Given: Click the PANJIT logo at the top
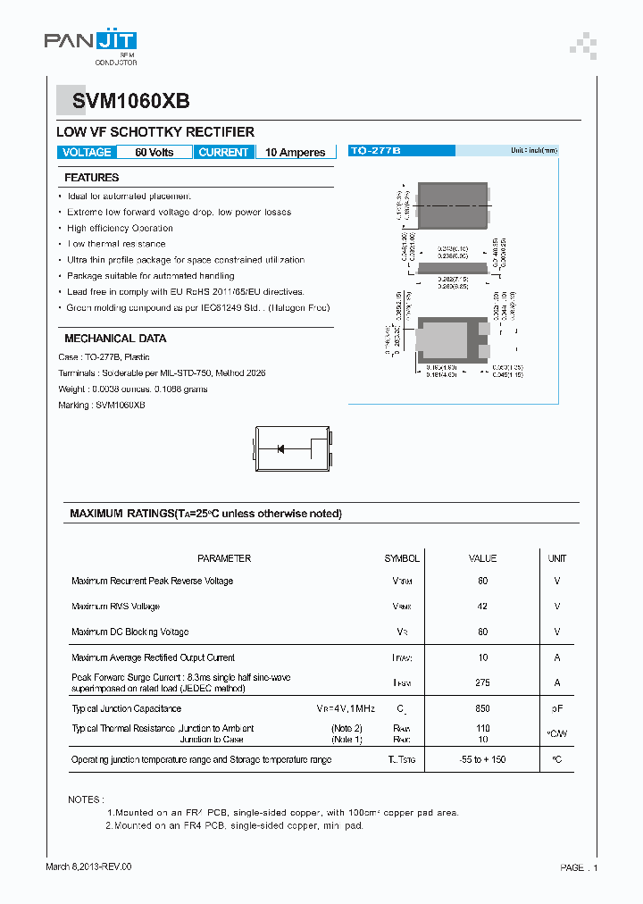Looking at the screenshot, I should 91,42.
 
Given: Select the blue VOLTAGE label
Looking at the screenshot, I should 87,153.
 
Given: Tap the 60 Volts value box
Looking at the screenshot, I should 154,153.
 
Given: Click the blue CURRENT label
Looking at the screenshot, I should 223,153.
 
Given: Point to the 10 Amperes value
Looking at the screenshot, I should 296,153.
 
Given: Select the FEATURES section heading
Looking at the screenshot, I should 92,178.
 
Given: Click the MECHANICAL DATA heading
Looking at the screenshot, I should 115,339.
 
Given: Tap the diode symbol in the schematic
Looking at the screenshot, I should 280,448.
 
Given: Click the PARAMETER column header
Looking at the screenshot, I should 224,558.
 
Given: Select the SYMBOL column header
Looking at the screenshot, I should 402,558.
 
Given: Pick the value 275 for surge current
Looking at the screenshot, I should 483,682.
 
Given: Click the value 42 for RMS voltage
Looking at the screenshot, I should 483,607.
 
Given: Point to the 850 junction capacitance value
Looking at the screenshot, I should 483,708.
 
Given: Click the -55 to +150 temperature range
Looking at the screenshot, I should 483,760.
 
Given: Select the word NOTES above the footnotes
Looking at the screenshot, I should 86,799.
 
